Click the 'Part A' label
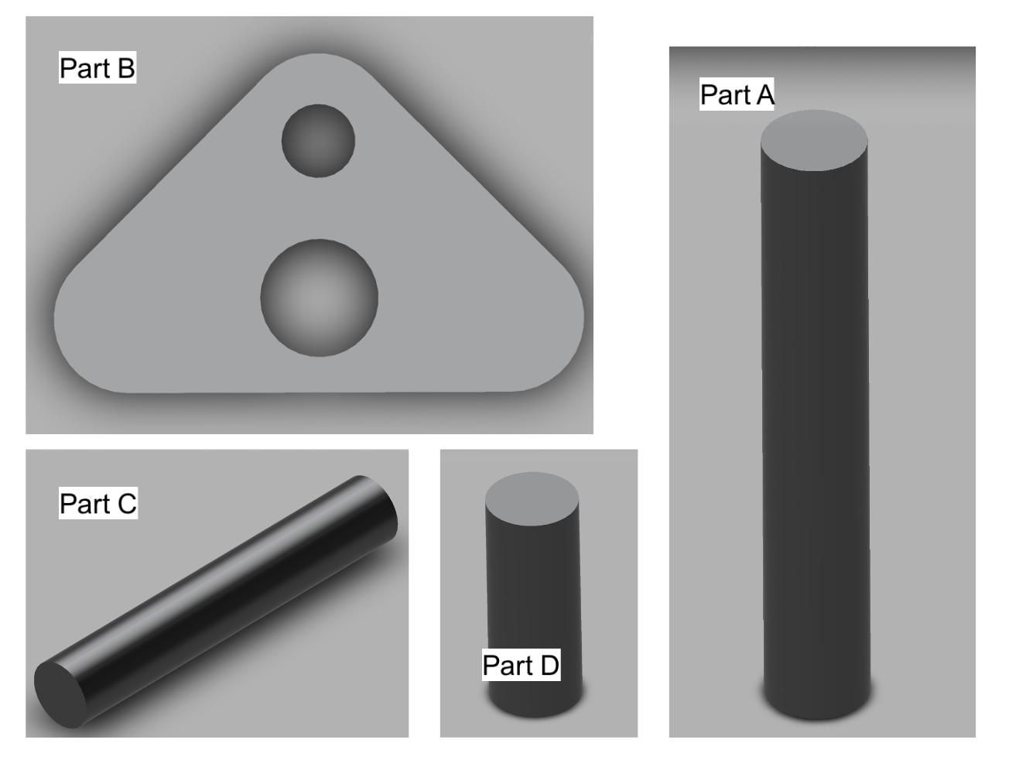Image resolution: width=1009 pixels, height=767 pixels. click(737, 94)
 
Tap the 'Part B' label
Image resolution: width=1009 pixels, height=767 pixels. click(97, 67)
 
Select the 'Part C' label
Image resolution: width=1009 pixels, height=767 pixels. click(98, 503)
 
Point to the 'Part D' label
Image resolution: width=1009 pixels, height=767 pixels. click(521, 665)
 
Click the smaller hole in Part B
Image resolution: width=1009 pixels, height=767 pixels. click(318, 141)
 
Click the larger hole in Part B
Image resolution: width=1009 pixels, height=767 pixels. click(319, 298)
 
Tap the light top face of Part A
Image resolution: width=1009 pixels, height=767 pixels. click(814, 140)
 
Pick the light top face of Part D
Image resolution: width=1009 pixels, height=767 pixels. click(532, 499)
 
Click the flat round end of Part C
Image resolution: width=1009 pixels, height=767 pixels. click(60, 694)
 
